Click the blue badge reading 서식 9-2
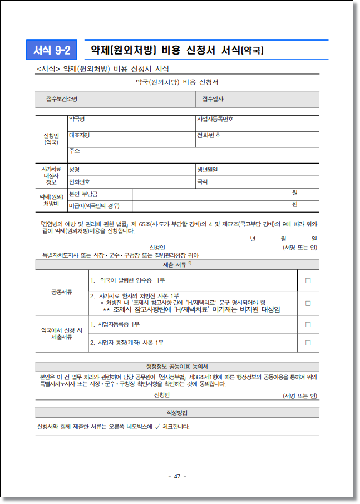52,51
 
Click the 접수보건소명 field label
61,99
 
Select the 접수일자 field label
213,99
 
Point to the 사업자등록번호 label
215,119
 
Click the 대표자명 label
78,135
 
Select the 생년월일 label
207,169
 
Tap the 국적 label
202,181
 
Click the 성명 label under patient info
74,169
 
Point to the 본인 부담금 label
83,193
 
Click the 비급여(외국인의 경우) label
93,206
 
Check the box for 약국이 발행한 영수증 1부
308,280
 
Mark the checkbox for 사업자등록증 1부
308,324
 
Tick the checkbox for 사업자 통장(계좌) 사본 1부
308,343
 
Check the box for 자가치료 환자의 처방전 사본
308,303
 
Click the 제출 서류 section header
177,265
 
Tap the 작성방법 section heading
177,413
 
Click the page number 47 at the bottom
177,476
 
